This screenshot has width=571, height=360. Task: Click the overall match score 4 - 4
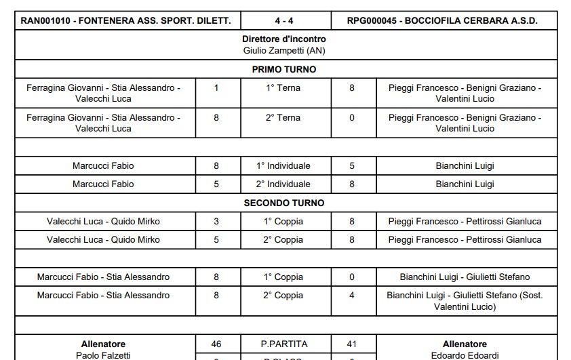click(x=285, y=20)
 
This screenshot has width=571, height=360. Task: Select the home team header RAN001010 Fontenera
click(x=126, y=20)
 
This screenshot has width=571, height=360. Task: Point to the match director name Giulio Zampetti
click(x=284, y=50)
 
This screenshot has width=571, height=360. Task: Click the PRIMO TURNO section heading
click(x=284, y=69)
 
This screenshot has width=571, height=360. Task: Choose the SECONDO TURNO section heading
click(x=284, y=203)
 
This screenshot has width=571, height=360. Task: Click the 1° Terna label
click(x=283, y=87)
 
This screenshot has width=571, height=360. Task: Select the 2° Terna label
click(x=283, y=117)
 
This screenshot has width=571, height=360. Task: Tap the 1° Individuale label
click(x=283, y=165)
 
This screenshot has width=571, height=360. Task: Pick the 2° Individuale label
click(x=283, y=184)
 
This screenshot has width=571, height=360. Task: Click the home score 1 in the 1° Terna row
click(x=216, y=87)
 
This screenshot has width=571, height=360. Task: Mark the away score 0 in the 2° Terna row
click(x=351, y=117)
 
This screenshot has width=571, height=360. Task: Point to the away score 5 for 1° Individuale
click(x=351, y=165)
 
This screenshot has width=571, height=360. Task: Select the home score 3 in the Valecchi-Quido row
click(x=216, y=221)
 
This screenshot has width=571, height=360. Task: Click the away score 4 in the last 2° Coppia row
click(x=351, y=295)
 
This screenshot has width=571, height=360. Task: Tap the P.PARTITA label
click(x=283, y=344)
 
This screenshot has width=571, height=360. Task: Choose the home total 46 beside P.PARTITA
click(x=216, y=344)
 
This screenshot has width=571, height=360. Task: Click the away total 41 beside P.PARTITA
click(x=351, y=344)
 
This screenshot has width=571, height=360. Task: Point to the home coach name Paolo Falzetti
click(x=104, y=355)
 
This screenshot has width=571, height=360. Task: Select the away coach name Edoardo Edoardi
click(x=465, y=355)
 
